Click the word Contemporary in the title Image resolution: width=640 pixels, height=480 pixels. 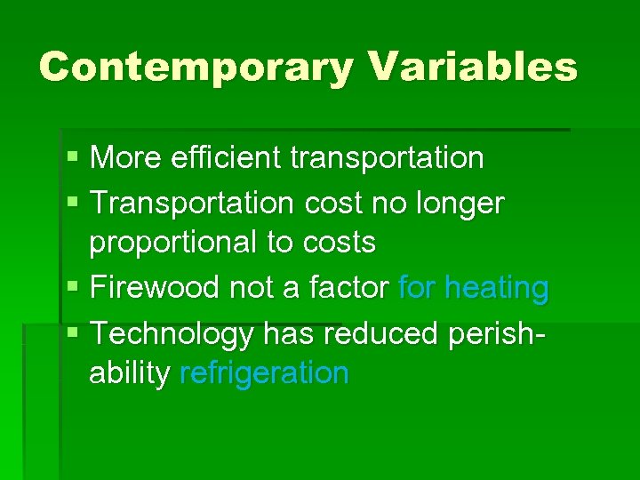pyautogui.click(x=196, y=68)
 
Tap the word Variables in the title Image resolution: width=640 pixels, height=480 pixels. pyautogui.click(x=472, y=67)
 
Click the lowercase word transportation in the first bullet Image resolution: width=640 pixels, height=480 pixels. pyautogui.click(x=387, y=158)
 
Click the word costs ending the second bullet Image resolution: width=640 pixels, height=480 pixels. pyautogui.click(x=337, y=243)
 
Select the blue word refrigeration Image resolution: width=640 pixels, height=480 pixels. pyautogui.click(x=264, y=374)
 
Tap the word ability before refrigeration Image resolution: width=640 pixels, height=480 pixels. pyautogui.click(x=130, y=374)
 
